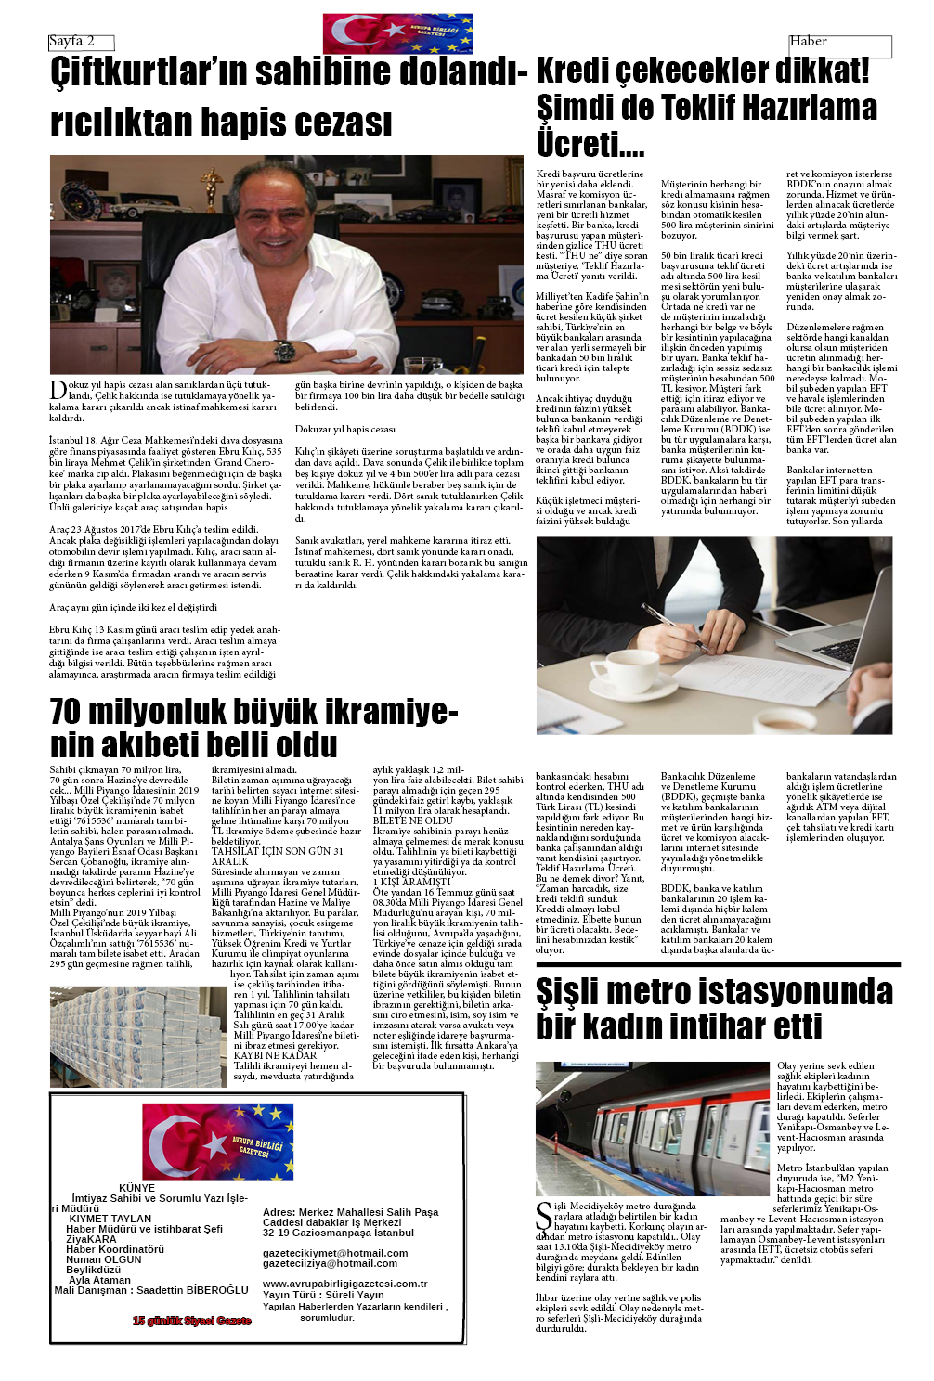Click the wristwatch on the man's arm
click(285, 351)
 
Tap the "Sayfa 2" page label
click(71, 41)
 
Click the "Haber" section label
click(808, 41)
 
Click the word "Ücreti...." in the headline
click(590, 144)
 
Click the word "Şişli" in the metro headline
click(578, 992)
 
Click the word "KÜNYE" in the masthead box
click(137, 1188)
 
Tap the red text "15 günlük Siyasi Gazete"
click(191, 1321)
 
